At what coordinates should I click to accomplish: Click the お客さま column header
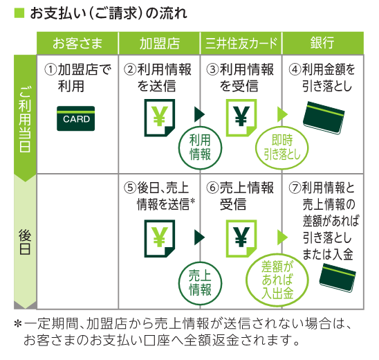(x=77, y=44)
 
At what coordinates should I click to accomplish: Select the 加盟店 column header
(x=159, y=44)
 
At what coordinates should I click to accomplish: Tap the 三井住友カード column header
(x=241, y=44)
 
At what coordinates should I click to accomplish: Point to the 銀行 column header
(x=323, y=44)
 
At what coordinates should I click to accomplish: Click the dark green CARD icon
(x=75, y=118)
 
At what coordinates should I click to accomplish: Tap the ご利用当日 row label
(x=25, y=118)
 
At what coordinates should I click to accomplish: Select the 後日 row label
(x=25, y=242)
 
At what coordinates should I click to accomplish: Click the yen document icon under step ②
(x=160, y=118)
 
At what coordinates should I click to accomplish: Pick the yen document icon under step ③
(x=241, y=118)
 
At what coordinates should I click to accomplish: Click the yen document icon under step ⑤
(x=160, y=239)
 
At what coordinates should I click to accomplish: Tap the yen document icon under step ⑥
(x=241, y=239)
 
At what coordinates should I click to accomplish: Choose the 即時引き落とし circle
(x=282, y=148)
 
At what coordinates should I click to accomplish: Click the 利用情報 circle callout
(x=200, y=148)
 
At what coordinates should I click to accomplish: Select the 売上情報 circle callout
(x=200, y=283)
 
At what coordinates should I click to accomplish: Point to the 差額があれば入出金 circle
(x=277, y=280)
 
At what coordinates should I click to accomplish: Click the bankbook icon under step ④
(x=324, y=118)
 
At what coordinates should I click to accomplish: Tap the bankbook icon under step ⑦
(x=338, y=278)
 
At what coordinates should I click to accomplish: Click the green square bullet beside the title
(x=19, y=13)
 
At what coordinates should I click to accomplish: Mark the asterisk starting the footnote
(x=18, y=324)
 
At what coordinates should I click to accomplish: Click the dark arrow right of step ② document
(x=200, y=114)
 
